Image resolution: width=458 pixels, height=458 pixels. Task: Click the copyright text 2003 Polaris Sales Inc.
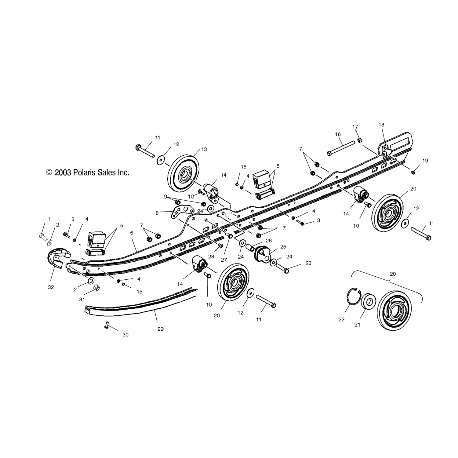pos(88,173)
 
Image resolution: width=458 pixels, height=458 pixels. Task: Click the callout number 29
pos(161,329)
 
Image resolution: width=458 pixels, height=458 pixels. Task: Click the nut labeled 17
pos(360,140)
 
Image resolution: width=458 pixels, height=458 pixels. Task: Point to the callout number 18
pos(381,125)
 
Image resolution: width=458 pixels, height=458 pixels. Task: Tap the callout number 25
pos(283,246)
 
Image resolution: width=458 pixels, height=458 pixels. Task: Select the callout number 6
pos(132,233)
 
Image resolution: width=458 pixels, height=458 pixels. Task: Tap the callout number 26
pos(269,241)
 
